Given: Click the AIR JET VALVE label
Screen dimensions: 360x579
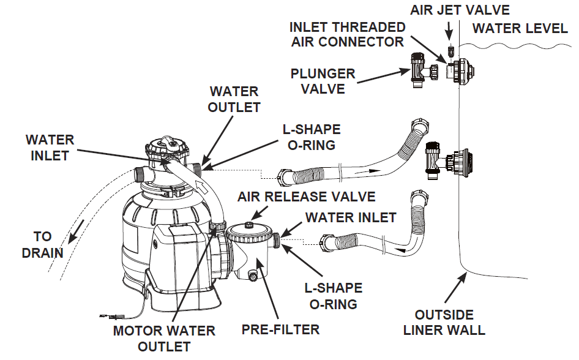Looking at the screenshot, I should coord(460,10).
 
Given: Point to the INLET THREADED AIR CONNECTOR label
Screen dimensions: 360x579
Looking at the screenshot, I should coord(347,34).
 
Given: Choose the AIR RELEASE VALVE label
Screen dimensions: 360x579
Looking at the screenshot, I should coord(307,197).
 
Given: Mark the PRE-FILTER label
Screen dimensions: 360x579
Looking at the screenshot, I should coord(280,329).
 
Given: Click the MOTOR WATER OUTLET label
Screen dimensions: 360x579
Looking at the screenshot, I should coord(165,338).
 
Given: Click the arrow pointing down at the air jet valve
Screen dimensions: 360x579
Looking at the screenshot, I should coord(450,30).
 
